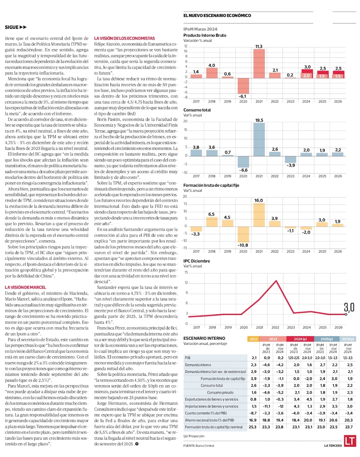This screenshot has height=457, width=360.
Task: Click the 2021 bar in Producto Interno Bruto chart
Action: point(259,63)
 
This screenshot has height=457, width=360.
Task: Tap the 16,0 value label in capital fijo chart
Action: point(258,200)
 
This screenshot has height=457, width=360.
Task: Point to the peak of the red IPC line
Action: point(276,281)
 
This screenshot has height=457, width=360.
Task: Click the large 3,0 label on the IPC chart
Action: point(349,307)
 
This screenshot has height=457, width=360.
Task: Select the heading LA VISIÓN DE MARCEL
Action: point(26,287)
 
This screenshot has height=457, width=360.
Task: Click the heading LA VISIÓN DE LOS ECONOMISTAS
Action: point(125,38)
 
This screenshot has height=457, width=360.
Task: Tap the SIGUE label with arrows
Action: point(16,27)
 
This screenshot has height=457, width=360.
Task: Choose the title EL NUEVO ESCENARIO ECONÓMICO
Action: point(217,15)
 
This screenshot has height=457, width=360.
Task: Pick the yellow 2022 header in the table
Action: point(253,339)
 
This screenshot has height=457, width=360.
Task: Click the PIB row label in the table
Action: point(188,358)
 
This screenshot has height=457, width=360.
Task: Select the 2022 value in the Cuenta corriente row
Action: point(253,413)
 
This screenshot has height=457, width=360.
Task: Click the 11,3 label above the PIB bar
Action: point(258,46)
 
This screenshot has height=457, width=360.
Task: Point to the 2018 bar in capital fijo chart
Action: point(212,221)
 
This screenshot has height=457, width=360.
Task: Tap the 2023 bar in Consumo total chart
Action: point(291,160)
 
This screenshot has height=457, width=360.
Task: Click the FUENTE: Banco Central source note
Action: point(199,446)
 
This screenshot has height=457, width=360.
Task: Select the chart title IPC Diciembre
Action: point(197,261)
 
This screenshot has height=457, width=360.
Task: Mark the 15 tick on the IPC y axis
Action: point(186,273)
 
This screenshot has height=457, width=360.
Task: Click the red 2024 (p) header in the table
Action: point(300,339)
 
